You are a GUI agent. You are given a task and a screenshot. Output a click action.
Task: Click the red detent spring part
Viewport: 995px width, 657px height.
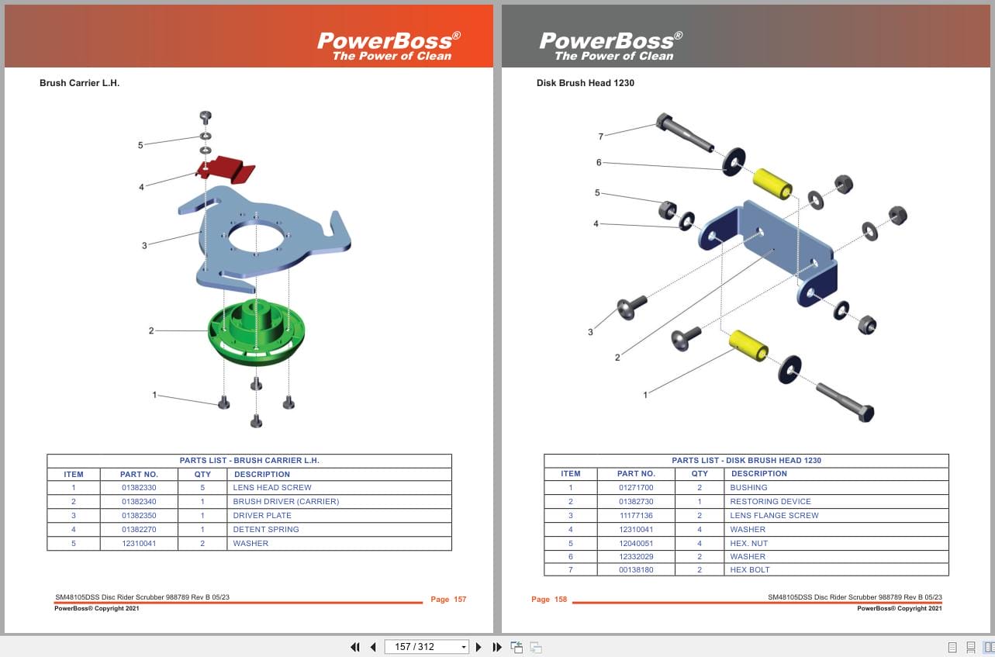(228, 168)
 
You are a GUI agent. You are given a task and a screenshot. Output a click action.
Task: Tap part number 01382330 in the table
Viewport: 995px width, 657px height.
(139, 488)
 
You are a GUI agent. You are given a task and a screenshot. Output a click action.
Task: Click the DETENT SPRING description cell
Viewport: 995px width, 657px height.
(266, 530)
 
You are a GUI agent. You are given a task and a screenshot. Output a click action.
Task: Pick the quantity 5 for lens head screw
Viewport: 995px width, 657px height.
(202, 488)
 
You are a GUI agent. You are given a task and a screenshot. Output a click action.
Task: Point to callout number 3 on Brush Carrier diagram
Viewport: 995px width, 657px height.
(144, 246)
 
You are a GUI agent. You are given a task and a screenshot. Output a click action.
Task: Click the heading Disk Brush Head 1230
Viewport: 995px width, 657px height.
(586, 83)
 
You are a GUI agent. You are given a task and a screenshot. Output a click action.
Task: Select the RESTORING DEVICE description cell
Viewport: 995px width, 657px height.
(770, 502)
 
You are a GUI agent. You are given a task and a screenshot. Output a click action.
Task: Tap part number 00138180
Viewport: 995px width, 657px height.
(636, 570)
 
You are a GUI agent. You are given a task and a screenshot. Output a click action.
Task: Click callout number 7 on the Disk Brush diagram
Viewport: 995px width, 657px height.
(600, 137)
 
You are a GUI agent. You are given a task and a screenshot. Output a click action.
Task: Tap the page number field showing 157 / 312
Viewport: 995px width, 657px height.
(426, 647)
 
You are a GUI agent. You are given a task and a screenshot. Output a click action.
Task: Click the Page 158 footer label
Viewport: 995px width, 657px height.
(549, 600)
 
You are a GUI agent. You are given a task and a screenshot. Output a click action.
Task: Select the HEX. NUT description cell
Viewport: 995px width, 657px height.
(748, 544)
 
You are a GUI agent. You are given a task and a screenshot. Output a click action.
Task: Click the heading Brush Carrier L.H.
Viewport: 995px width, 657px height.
(79, 83)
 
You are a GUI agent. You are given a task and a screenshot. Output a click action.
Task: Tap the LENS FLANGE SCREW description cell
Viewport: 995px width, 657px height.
(774, 516)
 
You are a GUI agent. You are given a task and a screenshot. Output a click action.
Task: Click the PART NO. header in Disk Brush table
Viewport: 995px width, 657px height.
(636, 474)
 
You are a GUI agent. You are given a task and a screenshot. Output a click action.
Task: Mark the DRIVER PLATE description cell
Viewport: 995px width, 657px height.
(262, 516)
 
